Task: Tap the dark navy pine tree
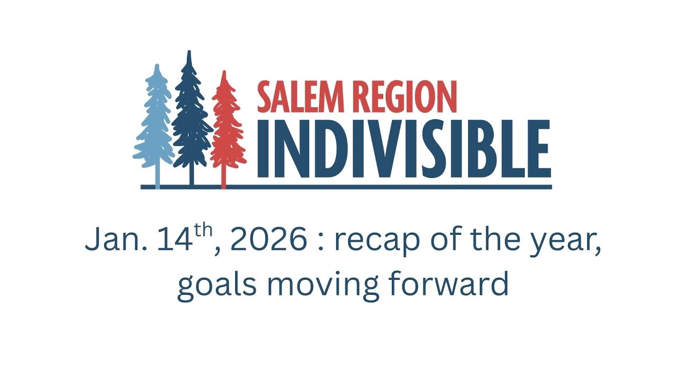click(190, 115)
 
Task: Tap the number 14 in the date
click(174, 241)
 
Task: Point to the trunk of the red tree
click(224, 177)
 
